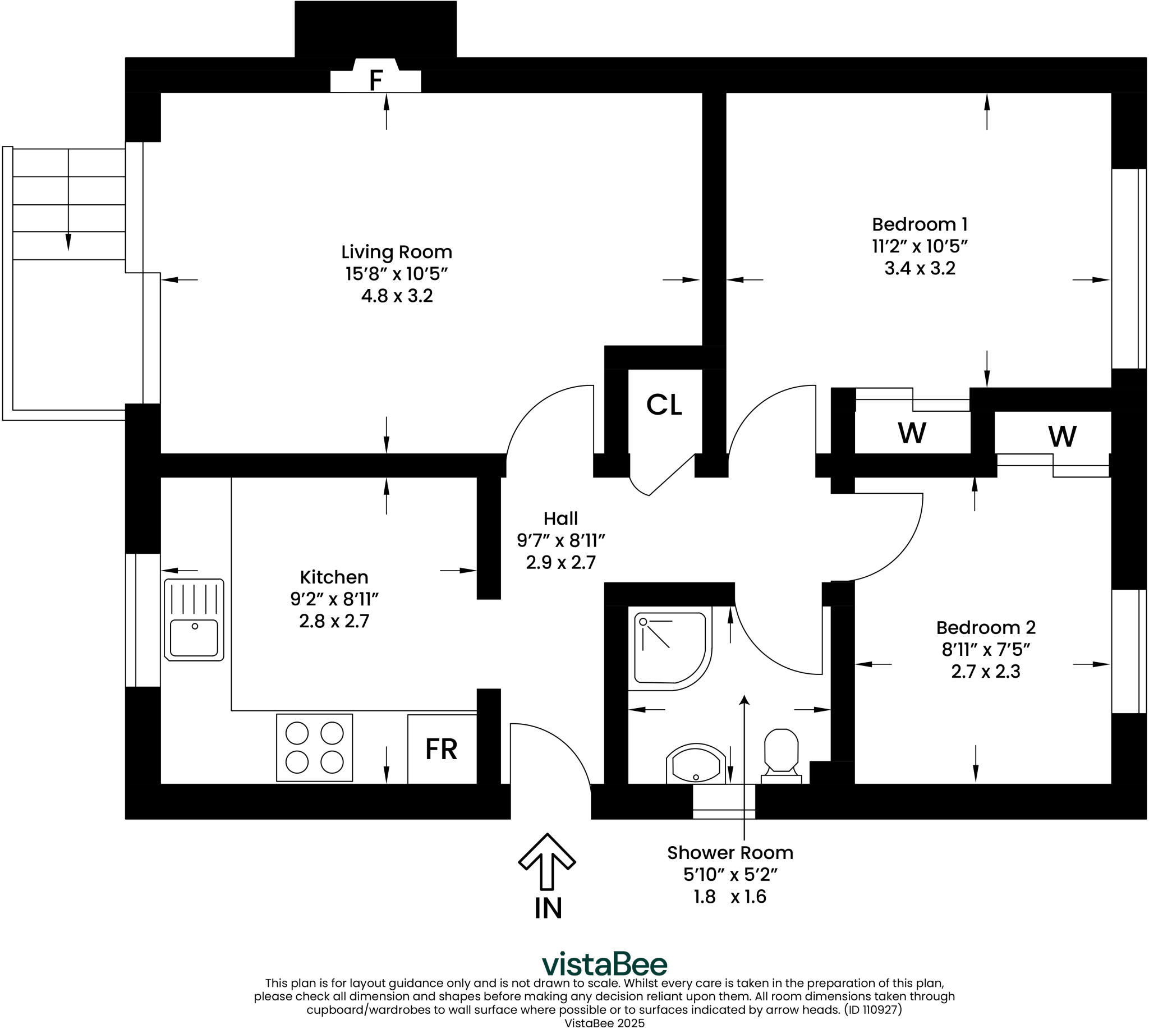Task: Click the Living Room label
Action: [397, 252]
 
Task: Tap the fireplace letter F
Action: [376, 81]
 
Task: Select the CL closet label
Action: [664, 405]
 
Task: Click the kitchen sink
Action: [194, 619]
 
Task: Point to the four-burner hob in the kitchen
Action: [314, 747]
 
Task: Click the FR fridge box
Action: [442, 749]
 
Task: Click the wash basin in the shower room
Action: [696, 765]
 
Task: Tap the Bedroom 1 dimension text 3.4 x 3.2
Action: [920, 268]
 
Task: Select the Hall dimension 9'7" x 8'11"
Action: [560, 540]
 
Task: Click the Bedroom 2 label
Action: [986, 628]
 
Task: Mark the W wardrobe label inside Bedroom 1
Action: [912, 433]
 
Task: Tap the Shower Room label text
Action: [729, 853]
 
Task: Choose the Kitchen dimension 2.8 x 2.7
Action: [334, 621]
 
